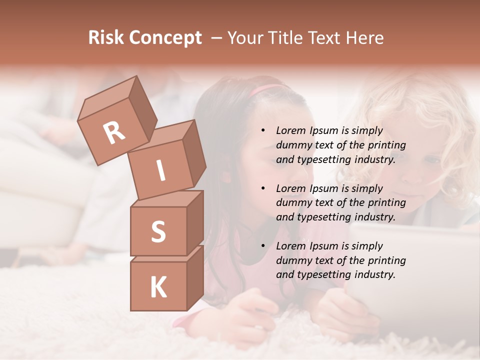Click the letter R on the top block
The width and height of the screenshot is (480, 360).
point(114,132)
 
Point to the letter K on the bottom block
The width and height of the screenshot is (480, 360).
point(158,287)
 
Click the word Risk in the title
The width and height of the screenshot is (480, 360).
point(105,38)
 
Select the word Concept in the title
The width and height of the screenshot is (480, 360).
point(165,38)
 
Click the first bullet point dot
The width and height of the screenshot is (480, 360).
point(263,130)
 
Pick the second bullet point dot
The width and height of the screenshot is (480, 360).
point(263,188)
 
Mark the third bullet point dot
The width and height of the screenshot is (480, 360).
point(263,246)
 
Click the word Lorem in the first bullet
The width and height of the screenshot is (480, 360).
point(291,130)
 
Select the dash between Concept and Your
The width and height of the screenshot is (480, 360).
point(217,38)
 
